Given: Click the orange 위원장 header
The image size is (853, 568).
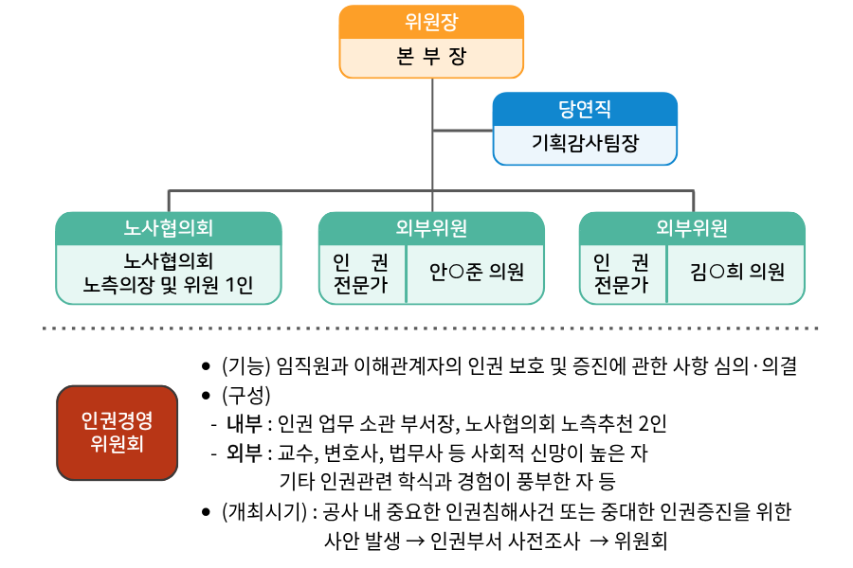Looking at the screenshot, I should (431, 21).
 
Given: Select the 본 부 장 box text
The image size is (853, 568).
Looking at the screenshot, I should (431, 56).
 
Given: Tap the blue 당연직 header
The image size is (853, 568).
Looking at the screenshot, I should (585, 109).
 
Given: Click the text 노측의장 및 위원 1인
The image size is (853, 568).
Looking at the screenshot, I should (169, 283).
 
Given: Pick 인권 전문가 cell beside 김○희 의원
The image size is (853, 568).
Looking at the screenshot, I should (621, 273).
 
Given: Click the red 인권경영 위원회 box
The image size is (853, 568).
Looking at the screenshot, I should (117, 432).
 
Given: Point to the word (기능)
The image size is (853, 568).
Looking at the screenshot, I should (246, 367).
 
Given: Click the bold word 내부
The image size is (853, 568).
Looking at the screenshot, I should (244, 423).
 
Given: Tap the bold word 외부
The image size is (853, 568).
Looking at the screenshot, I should (244, 452).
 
